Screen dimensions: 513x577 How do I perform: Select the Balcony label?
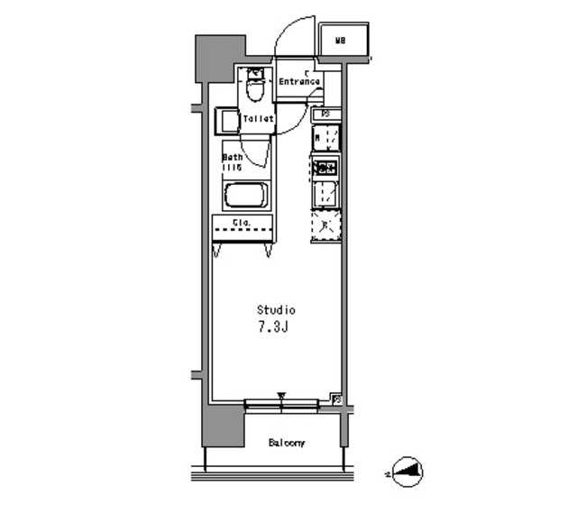pyautogui.click(x=287, y=443)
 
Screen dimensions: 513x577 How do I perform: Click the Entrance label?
pyautogui.click(x=298, y=81)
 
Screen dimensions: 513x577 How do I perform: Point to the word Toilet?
pyautogui.click(x=259, y=118)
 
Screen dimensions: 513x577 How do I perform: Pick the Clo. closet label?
pyautogui.click(x=242, y=222)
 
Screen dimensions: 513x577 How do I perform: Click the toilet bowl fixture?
pyautogui.click(x=254, y=89)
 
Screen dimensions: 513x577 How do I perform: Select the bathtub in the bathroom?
pyautogui.click(x=245, y=196)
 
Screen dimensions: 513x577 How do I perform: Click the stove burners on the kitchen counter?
pyautogui.click(x=325, y=167)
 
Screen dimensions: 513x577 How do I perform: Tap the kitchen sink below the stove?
pyautogui.click(x=325, y=193)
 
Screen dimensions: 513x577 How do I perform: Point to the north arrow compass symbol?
pyautogui.click(x=408, y=471)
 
